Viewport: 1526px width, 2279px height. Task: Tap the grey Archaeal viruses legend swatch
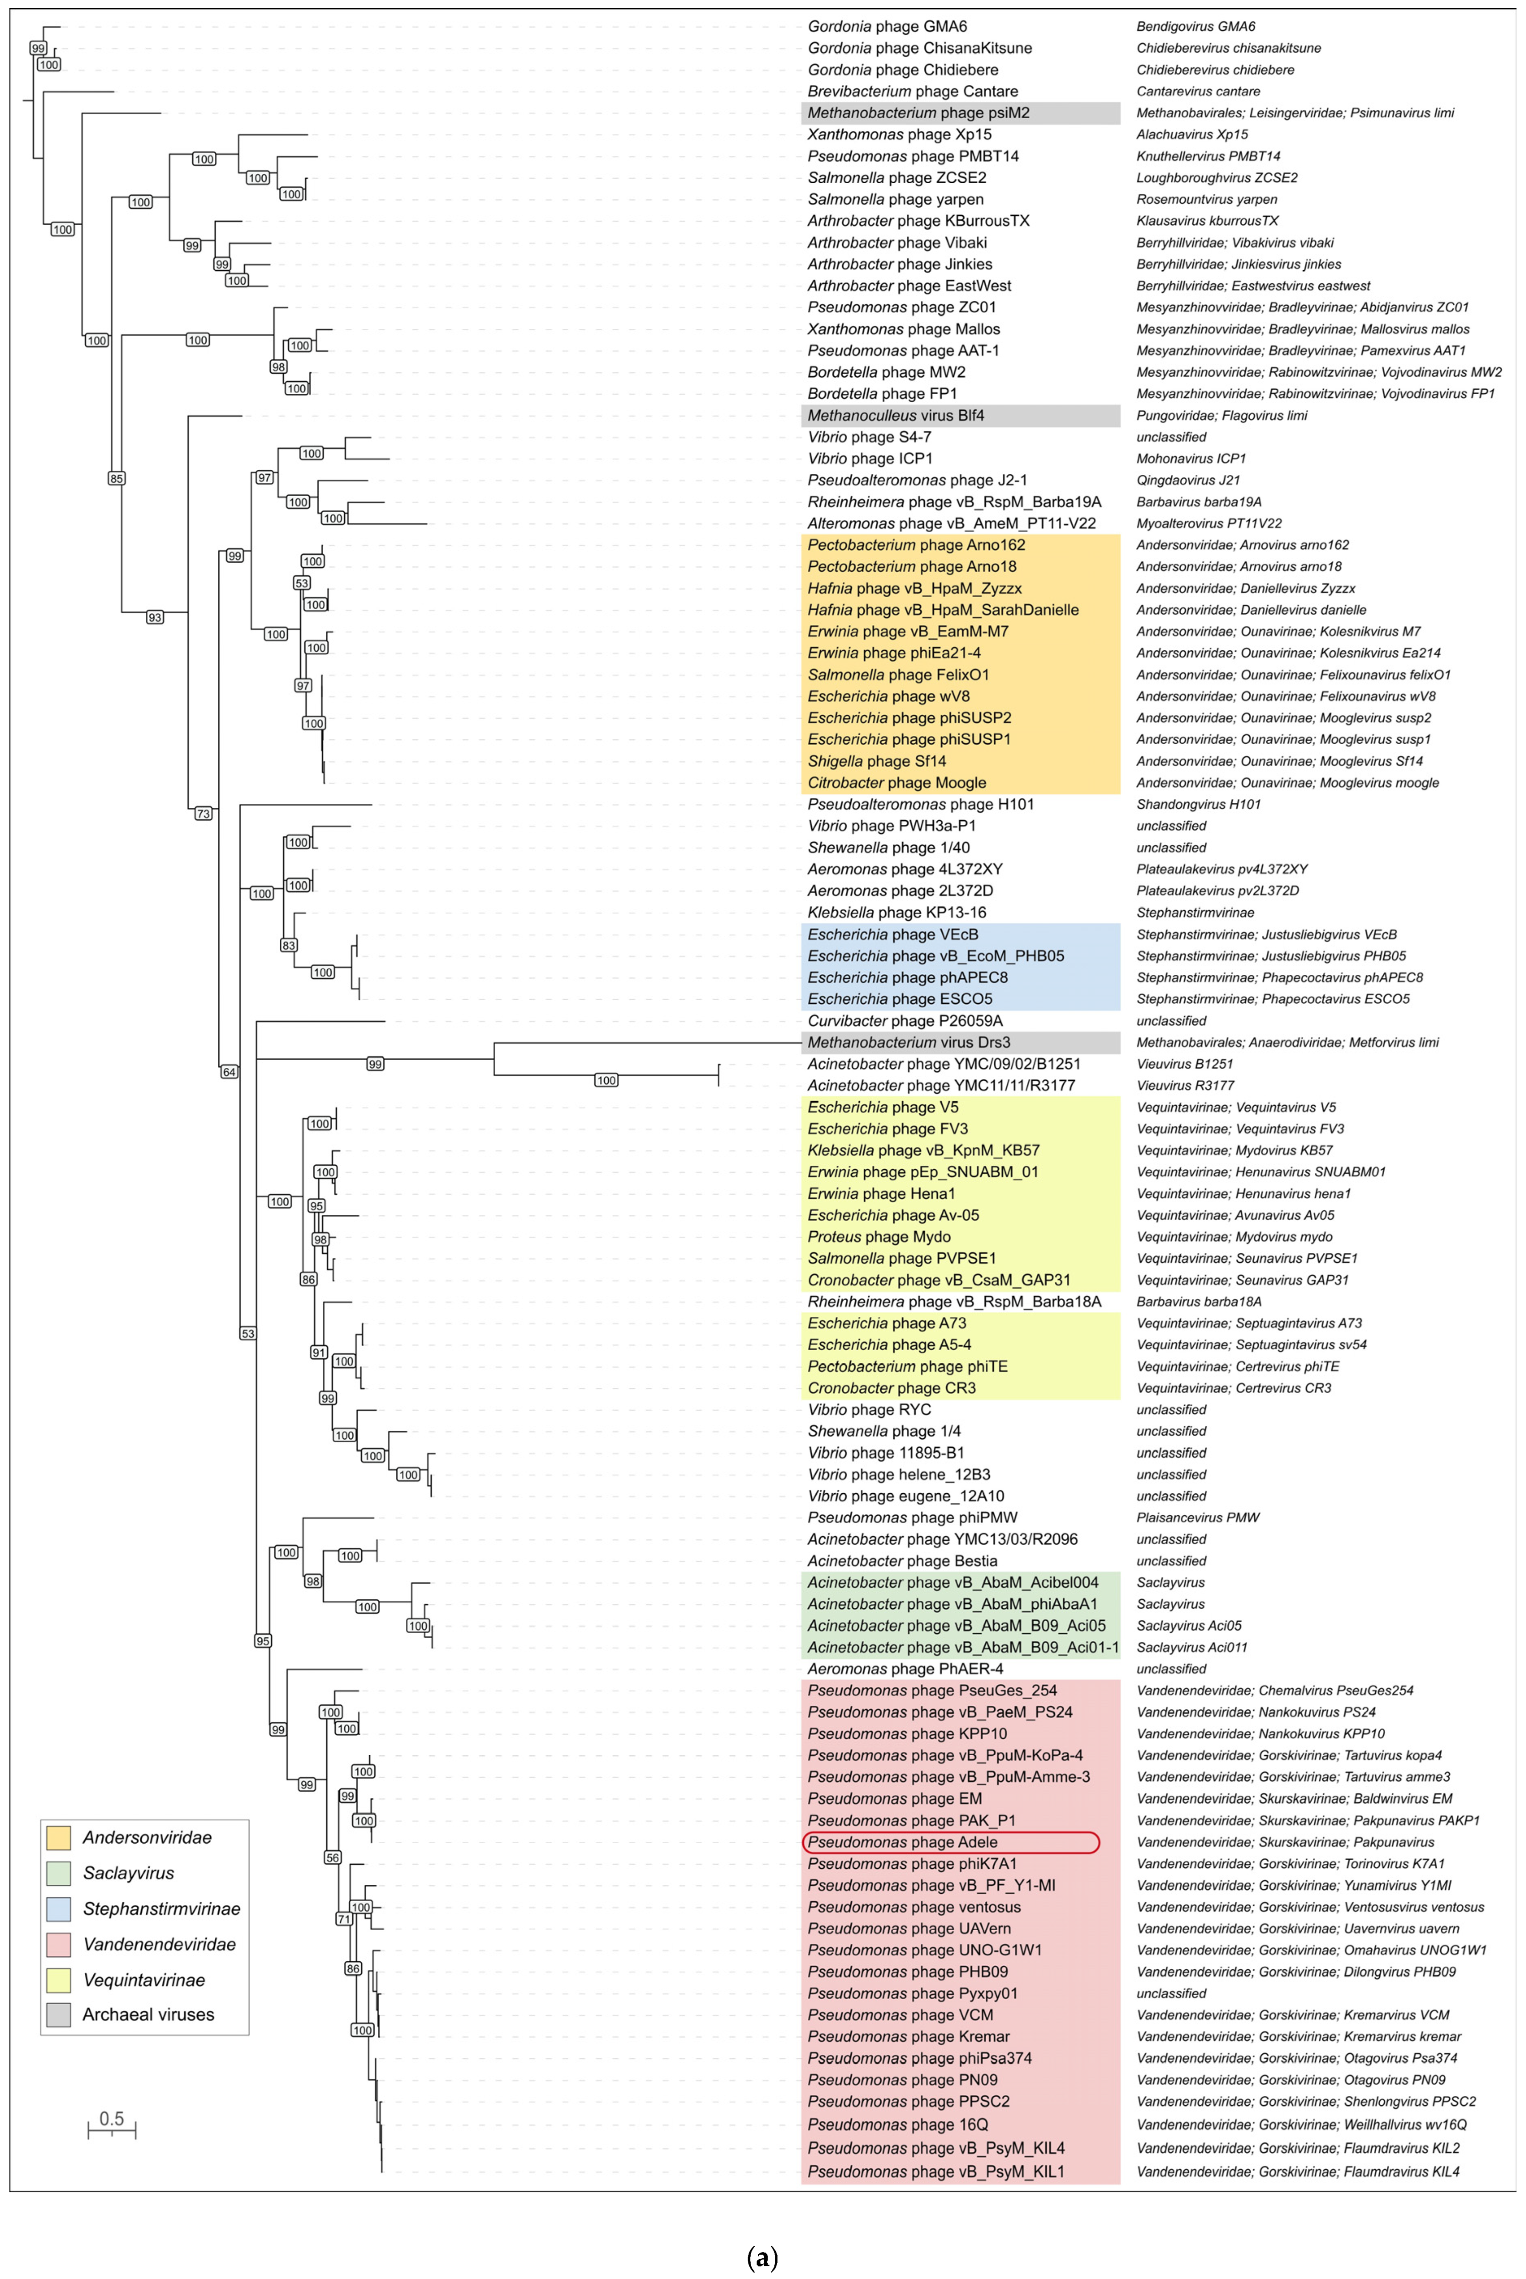pyautogui.click(x=58, y=2014)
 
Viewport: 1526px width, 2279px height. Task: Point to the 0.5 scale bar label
pyautogui.click(x=112, y=2118)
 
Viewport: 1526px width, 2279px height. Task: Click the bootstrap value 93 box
pyautogui.click(x=155, y=617)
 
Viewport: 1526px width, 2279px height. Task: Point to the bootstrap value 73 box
pyautogui.click(x=202, y=814)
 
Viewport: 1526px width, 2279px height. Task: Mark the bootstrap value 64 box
pyautogui.click(x=229, y=1071)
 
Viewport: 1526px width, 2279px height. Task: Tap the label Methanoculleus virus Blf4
pyautogui.click(x=895, y=416)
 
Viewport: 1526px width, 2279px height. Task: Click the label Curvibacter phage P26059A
pyautogui.click(x=904, y=1021)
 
